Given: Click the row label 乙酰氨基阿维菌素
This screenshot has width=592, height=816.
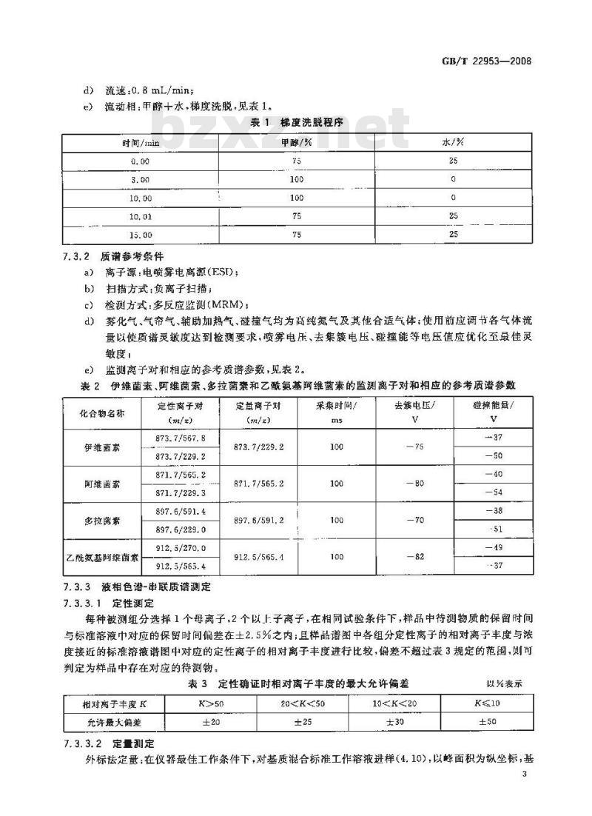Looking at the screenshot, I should [x=110, y=558].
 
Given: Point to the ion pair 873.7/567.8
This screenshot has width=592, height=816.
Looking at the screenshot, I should [x=180, y=438].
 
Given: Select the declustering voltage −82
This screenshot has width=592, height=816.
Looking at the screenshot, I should [x=419, y=558].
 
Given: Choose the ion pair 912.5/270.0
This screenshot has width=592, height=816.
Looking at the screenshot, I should [x=180, y=548].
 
